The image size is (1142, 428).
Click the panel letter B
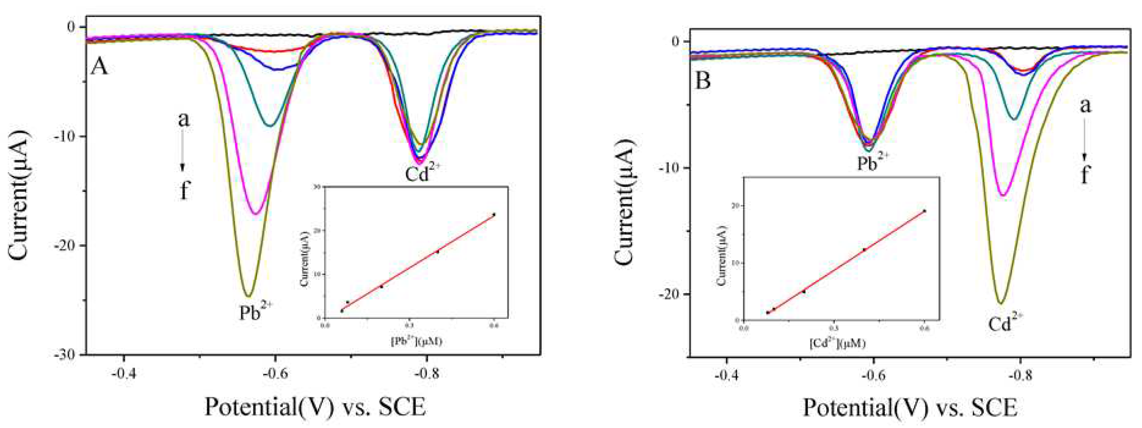point(704,81)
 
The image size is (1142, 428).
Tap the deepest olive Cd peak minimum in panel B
point(1000,304)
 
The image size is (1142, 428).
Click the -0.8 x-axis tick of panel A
point(426,374)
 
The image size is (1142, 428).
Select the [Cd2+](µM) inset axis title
point(838,343)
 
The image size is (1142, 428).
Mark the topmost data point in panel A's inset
point(494,215)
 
